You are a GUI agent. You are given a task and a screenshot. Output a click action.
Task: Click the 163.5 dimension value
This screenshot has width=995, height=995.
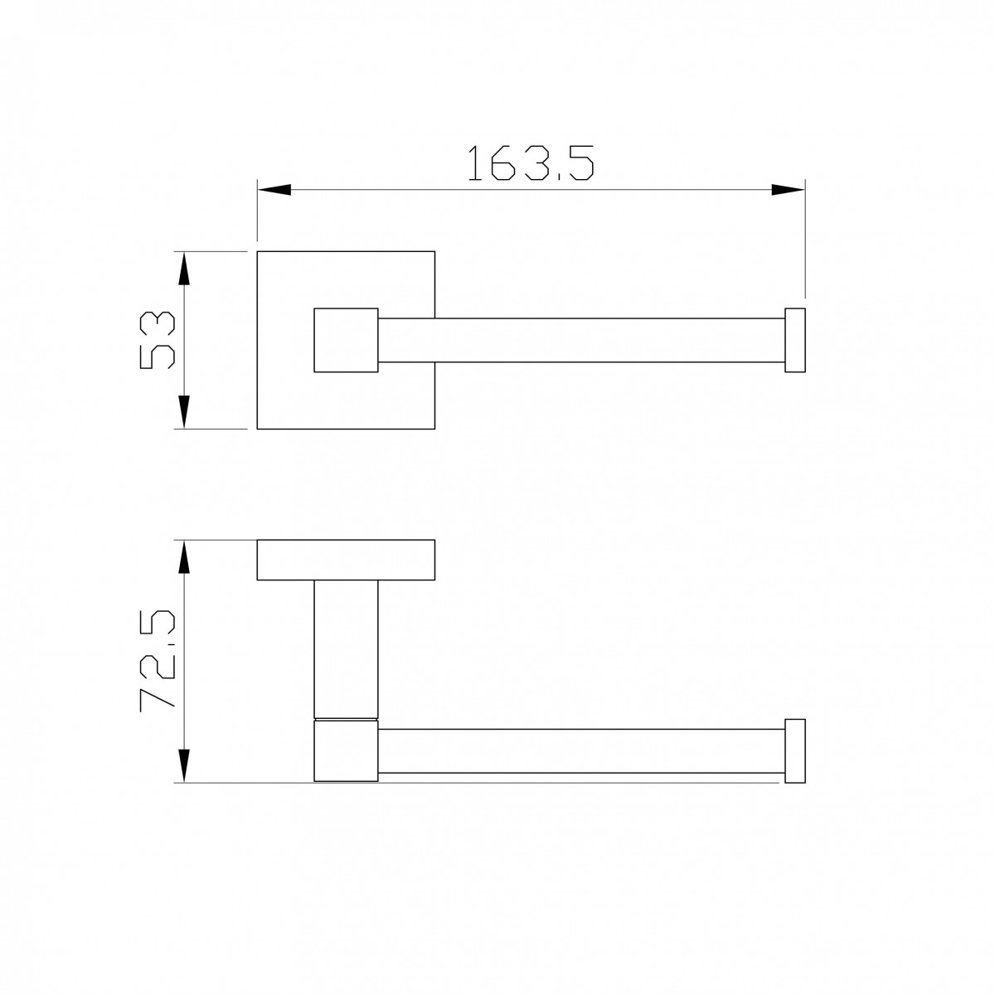click(531, 163)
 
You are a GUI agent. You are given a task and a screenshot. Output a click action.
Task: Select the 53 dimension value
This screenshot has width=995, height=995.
click(158, 340)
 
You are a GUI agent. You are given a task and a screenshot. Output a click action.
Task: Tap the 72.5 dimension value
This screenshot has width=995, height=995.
click(158, 661)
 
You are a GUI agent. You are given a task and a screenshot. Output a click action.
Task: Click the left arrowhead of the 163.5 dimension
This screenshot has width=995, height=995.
click(274, 190)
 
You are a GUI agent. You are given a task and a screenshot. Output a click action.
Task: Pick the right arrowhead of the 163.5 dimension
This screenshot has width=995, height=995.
click(788, 190)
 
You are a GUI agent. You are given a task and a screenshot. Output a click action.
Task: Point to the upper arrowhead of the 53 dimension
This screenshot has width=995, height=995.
click(184, 269)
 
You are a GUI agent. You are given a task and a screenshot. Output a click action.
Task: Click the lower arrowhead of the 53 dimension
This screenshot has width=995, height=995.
click(184, 412)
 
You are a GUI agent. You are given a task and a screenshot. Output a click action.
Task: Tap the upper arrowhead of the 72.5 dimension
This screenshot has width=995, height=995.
click(184, 557)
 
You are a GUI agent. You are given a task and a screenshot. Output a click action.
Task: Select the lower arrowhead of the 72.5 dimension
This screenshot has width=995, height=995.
click(184, 766)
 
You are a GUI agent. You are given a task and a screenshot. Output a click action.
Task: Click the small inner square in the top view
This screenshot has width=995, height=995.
click(346, 340)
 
